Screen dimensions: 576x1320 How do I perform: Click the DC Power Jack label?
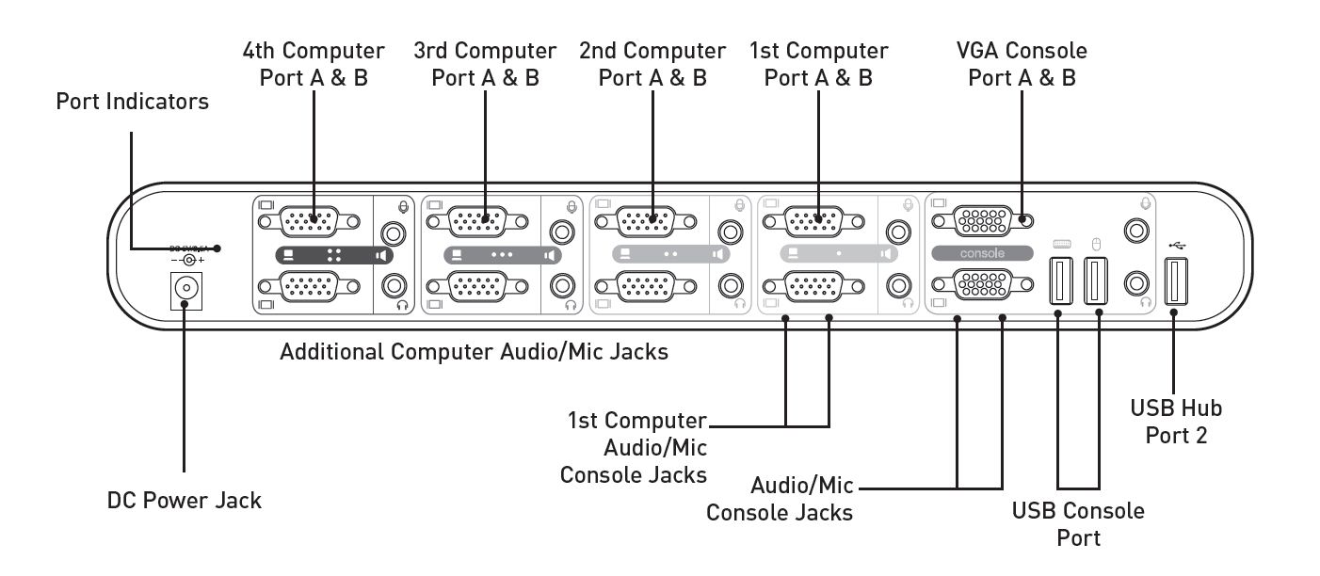point(184,500)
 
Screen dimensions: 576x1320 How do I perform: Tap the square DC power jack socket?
point(186,290)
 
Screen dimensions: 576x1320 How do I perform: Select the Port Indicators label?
point(133,102)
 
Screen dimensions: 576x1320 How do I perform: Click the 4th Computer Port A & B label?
point(314,64)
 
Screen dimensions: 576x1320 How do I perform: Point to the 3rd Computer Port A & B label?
point(485,64)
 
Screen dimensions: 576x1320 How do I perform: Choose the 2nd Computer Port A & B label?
point(652,64)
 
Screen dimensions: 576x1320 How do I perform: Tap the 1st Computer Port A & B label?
point(818,64)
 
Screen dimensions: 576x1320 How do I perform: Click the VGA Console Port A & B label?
point(1022,64)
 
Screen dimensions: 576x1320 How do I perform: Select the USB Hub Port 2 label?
point(1176,422)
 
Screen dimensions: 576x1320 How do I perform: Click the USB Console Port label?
point(1078,524)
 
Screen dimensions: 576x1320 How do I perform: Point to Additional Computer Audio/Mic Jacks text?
point(475,353)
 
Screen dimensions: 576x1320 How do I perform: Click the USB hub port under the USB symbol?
point(1175,280)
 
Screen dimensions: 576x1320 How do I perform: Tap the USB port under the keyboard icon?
point(1059,280)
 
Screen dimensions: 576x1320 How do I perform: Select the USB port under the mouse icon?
point(1096,280)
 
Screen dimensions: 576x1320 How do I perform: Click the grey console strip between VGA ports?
point(983,253)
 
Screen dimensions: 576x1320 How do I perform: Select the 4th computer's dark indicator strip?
point(333,254)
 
